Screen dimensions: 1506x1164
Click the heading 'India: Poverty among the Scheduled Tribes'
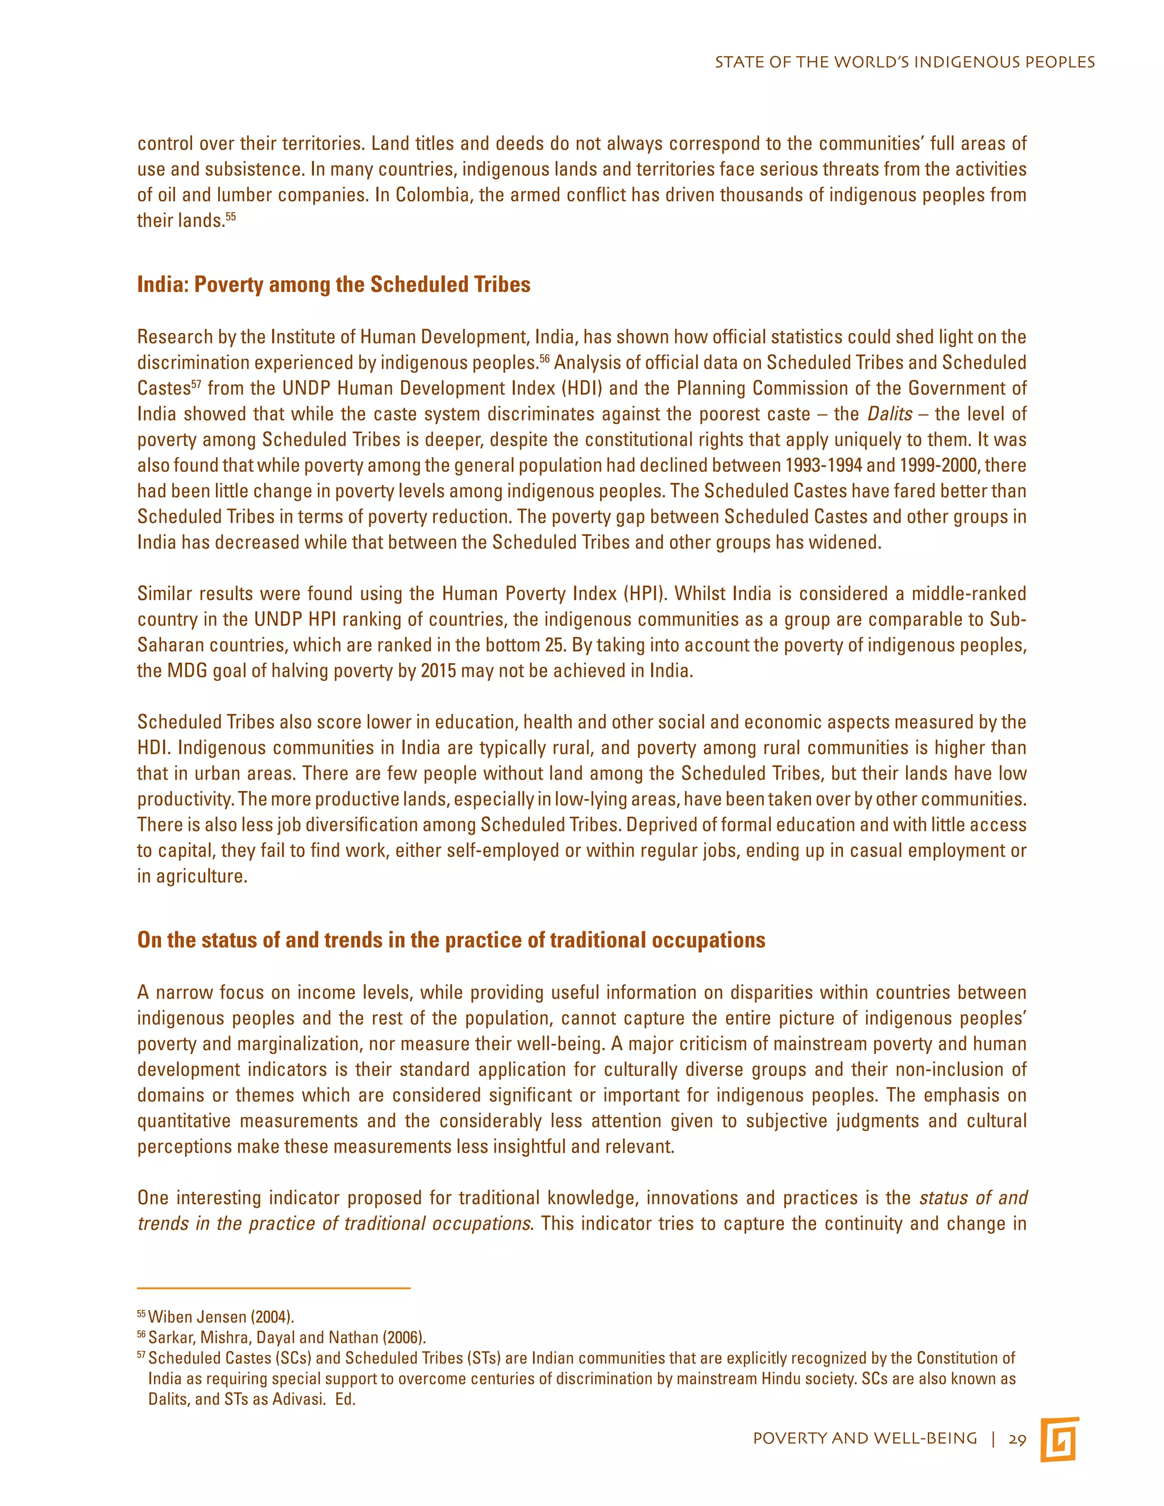[x=334, y=285]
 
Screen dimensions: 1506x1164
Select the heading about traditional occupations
[x=451, y=940]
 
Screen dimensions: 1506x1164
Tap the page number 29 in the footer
[x=1017, y=1439]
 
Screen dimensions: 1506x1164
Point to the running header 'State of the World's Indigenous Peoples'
[x=904, y=62]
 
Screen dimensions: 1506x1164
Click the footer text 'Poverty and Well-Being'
[x=864, y=1439]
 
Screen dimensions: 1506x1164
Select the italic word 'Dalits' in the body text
[x=889, y=414]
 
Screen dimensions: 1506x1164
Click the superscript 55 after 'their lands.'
[x=231, y=217]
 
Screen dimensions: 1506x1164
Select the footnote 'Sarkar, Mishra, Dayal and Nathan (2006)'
[x=287, y=1338]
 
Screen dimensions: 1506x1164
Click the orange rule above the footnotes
[x=274, y=1288]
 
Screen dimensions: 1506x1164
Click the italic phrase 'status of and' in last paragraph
[x=973, y=1198]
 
